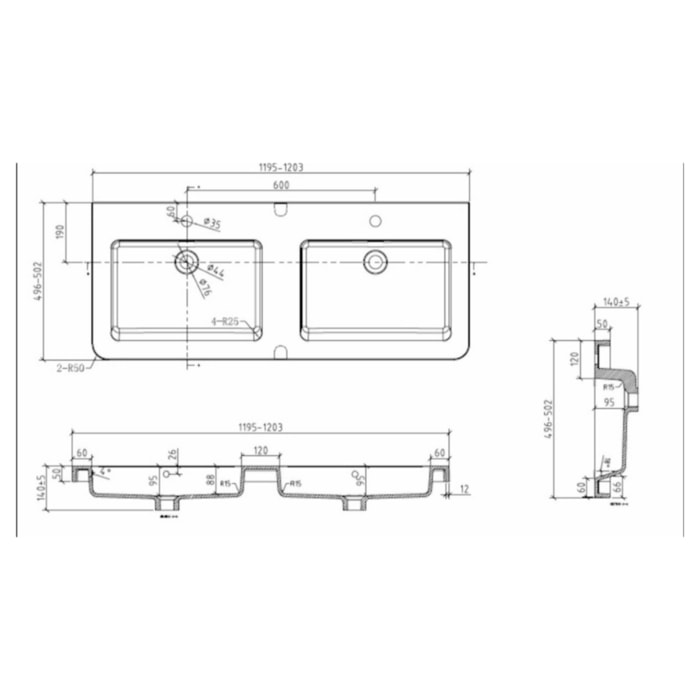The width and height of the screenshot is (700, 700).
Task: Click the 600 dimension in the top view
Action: [281, 184]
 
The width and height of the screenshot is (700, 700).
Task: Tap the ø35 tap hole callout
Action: [211, 221]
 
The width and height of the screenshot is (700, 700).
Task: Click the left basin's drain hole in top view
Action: [186, 262]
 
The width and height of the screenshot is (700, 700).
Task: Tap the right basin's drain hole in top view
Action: [375, 260]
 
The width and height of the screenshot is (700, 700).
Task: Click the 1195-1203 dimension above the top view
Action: [281, 167]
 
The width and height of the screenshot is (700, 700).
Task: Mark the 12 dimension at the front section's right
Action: [467, 489]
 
